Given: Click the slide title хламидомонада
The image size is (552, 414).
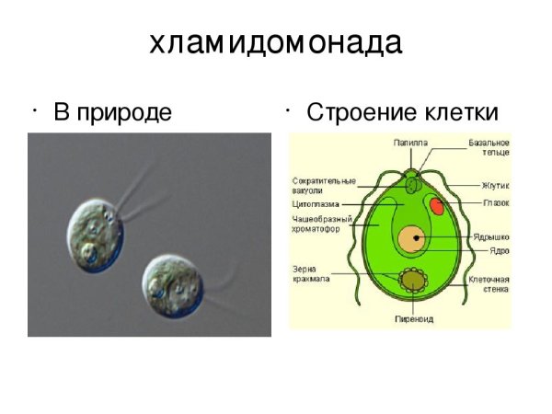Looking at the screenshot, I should tap(275, 43).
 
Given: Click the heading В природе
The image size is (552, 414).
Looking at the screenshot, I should tap(112, 113).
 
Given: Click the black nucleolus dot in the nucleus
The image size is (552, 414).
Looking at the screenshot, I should tap(417, 237).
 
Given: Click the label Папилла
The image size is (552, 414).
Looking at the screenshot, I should tap(410, 144).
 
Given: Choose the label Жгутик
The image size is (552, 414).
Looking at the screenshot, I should tap(496, 186).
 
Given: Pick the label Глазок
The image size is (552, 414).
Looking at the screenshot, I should tap(496, 202).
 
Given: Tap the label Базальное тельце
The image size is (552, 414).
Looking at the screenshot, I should tap(487, 149).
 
